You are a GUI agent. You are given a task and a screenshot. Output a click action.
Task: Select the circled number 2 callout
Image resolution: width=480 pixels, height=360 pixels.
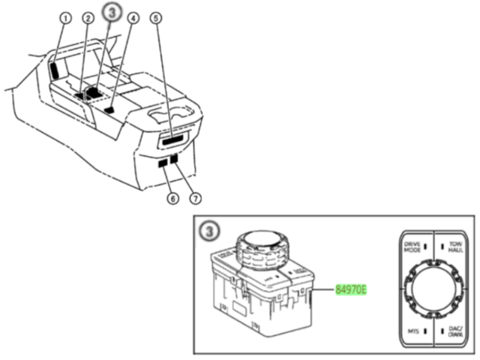pyautogui.click(x=88, y=18)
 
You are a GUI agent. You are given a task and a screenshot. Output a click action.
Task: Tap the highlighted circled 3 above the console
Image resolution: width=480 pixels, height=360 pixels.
pyautogui.click(x=112, y=13)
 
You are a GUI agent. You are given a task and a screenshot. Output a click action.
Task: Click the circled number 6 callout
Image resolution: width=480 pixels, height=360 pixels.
pyautogui.click(x=172, y=199)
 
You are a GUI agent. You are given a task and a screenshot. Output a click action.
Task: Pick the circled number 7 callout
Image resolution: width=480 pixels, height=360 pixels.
pyautogui.click(x=194, y=199)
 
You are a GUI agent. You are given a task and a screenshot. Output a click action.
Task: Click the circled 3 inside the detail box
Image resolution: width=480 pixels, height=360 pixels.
pyautogui.click(x=209, y=230)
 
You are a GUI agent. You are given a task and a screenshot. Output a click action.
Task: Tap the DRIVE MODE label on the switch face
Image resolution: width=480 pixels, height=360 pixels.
pyautogui.click(x=412, y=246)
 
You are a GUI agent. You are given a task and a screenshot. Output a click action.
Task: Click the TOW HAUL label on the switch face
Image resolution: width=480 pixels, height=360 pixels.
pyautogui.click(x=455, y=246)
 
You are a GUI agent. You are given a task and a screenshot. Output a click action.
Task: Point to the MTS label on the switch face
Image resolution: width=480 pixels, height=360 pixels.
pyautogui.click(x=412, y=331)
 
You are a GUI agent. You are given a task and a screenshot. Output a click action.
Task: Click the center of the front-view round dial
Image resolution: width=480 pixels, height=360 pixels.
pyautogui.click(x=433, y=288)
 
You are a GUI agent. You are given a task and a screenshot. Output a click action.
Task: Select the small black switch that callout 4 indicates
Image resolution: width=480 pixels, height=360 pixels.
pyautogui.click(x=109, y=109)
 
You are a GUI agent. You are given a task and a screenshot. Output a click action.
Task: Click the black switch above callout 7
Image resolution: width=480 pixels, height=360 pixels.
pyautogui.click(x=175, y=160)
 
